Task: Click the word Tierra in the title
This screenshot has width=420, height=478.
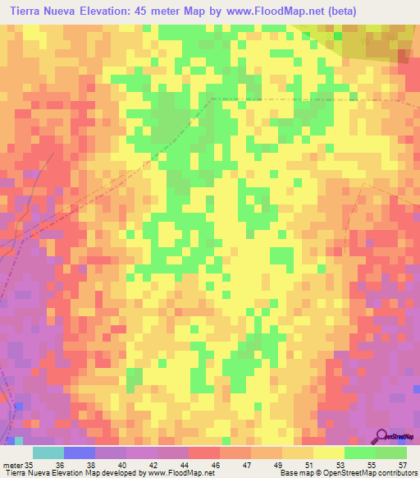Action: point(30,11)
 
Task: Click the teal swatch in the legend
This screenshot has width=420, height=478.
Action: point(48,453)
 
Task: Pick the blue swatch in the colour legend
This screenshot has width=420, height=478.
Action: point(80,453)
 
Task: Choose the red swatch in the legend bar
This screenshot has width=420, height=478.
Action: point(203,453)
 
